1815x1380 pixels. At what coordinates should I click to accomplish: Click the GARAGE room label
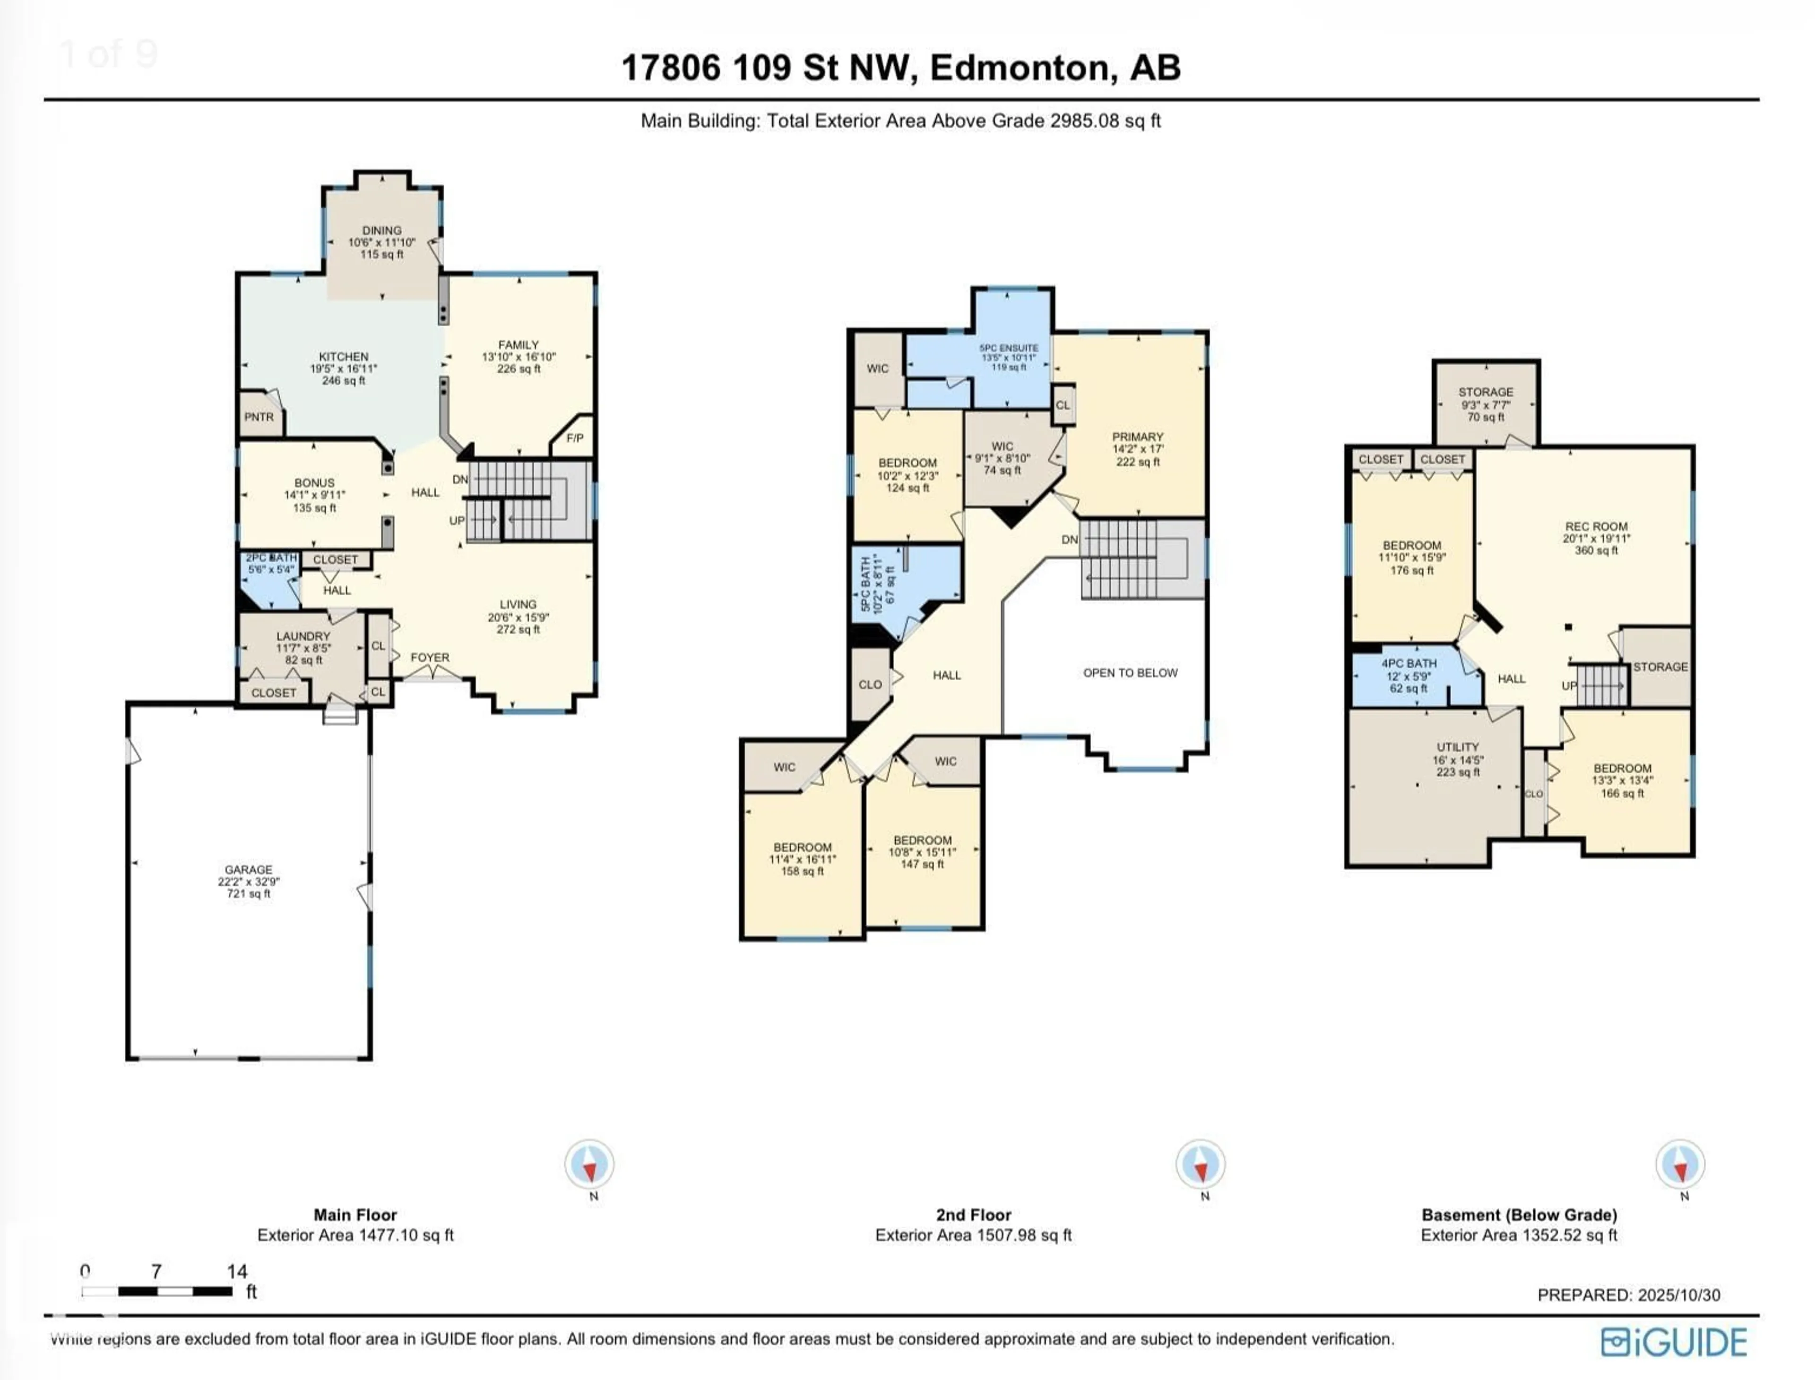pos(248,870)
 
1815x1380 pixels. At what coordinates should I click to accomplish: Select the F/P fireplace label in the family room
pos(574,438)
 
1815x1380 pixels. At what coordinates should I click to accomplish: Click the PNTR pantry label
pos(259,417)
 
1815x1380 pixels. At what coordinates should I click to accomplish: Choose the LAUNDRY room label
pos(303,636)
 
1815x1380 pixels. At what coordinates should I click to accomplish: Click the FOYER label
pos(430,657)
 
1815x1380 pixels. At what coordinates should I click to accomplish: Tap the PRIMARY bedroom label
pos(1137,437)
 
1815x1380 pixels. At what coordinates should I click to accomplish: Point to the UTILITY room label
pos(1458,747)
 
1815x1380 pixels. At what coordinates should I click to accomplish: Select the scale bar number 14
pos(237,1271)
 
